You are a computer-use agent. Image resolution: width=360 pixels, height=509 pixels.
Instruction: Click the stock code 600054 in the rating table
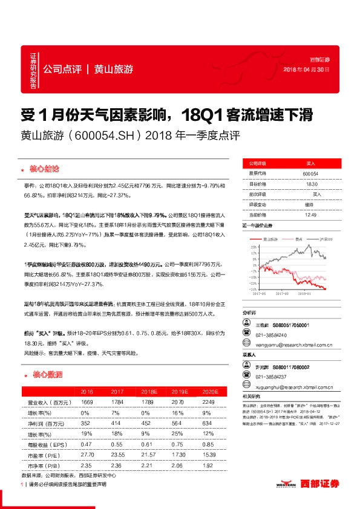coord(310,173)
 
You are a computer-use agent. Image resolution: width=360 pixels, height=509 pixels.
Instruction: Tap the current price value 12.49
coord(310,214)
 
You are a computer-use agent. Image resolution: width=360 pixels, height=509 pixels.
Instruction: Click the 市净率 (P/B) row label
coord(46,465)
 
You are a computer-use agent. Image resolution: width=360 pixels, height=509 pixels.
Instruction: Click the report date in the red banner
coord(307,70)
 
